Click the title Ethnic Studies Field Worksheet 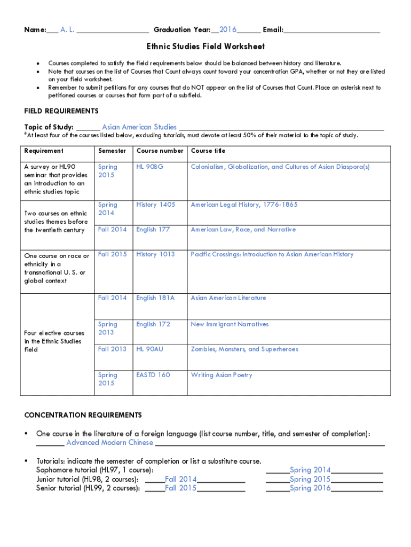point(205,46)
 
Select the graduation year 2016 point(228,29)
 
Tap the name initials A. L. point(67,29)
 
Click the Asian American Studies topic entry point(139,127)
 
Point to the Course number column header point(160,151)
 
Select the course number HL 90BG point(149,167)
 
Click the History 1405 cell point(155,205)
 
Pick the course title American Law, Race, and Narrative point(243,229)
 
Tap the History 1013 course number point(155,254)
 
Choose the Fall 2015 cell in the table point(112,254)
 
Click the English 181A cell point(155,298)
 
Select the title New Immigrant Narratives point(230,324)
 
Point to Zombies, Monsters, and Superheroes point(244,349)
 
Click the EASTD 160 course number point(153,375)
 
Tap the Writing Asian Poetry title point(222,375)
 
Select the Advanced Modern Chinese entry point(109,442)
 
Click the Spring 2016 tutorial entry point(310,488)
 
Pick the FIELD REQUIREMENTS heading point(61,111)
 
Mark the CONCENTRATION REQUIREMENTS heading point(83,415)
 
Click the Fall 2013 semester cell point(112,349)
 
